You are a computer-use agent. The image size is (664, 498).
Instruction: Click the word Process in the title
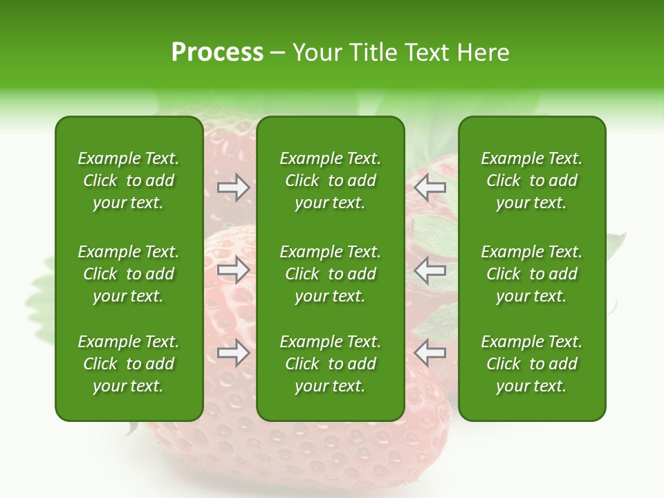[217, 53]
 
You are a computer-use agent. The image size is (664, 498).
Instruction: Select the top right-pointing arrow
[233, 187]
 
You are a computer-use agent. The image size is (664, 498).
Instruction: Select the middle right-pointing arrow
[233, 270]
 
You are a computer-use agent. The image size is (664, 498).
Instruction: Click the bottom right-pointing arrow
[233, 353]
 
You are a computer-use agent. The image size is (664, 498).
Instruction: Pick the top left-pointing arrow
[430, 187]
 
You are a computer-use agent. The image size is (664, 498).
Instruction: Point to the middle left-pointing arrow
[430, 270]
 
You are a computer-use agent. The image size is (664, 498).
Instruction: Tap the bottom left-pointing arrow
[430, 353]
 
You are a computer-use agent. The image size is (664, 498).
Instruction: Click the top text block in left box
[129, 181]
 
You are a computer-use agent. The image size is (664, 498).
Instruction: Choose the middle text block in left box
[129, 274]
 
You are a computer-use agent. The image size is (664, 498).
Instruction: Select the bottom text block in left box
[129, 364]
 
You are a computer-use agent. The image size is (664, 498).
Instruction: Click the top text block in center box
[330, 181]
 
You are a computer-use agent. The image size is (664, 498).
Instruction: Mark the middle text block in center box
[330, 274]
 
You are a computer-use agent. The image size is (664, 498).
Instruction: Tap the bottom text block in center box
[330, 364]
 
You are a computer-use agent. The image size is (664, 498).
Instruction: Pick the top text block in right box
[531, 181]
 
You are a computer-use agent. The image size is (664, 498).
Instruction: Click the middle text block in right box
[531, 274]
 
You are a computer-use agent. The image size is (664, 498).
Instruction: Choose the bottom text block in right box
[531, 364]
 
